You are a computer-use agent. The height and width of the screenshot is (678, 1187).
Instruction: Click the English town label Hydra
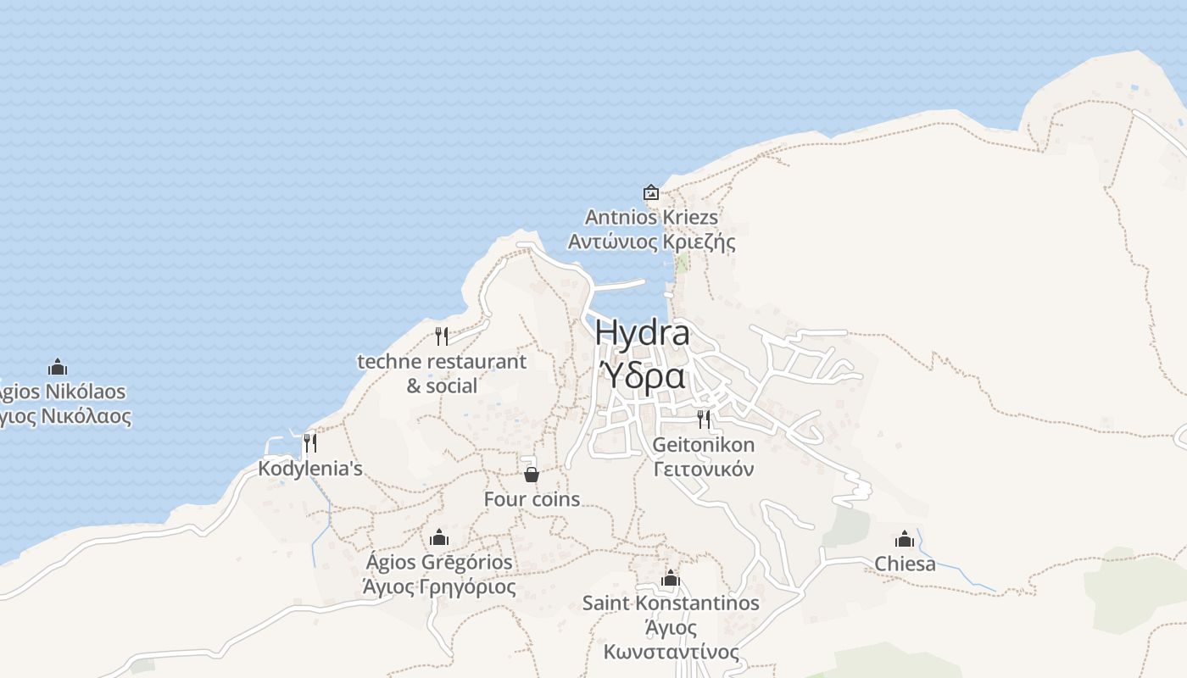point(642,332)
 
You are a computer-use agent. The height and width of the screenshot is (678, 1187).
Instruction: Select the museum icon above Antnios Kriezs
point(651,192)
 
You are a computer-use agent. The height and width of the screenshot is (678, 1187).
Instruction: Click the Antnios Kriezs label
point(651,218)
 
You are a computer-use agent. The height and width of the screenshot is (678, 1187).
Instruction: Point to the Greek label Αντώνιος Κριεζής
point(651,242)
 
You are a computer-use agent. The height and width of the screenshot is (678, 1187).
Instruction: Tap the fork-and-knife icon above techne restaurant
point(441,336)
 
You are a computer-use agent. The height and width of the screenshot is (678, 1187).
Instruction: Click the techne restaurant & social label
point(442,374)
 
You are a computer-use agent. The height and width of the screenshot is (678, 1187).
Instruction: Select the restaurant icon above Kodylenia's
point(310,442)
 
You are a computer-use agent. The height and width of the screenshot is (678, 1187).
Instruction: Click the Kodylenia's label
point(310,469)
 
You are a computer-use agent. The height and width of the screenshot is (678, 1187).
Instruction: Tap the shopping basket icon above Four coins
point(532,474)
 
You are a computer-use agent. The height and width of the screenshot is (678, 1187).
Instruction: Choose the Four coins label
point(532,499)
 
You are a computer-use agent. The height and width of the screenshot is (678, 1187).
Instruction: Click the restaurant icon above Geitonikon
point(703,419)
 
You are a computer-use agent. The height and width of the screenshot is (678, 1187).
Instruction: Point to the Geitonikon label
point(703,445)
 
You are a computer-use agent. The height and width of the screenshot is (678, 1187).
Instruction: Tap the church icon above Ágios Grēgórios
point(439,537)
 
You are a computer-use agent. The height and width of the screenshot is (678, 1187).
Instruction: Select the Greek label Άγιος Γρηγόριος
point(439,586)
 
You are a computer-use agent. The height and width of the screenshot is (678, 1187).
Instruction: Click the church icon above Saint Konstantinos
point(671,579)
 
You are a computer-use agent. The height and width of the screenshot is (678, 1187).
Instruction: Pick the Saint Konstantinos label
point(671,603)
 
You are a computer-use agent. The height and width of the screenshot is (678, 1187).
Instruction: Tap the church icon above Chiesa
point(905,539)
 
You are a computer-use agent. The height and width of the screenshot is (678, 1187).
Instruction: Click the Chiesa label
point(905,564)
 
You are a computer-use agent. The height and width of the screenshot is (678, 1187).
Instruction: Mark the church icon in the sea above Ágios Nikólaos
point(58,367)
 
